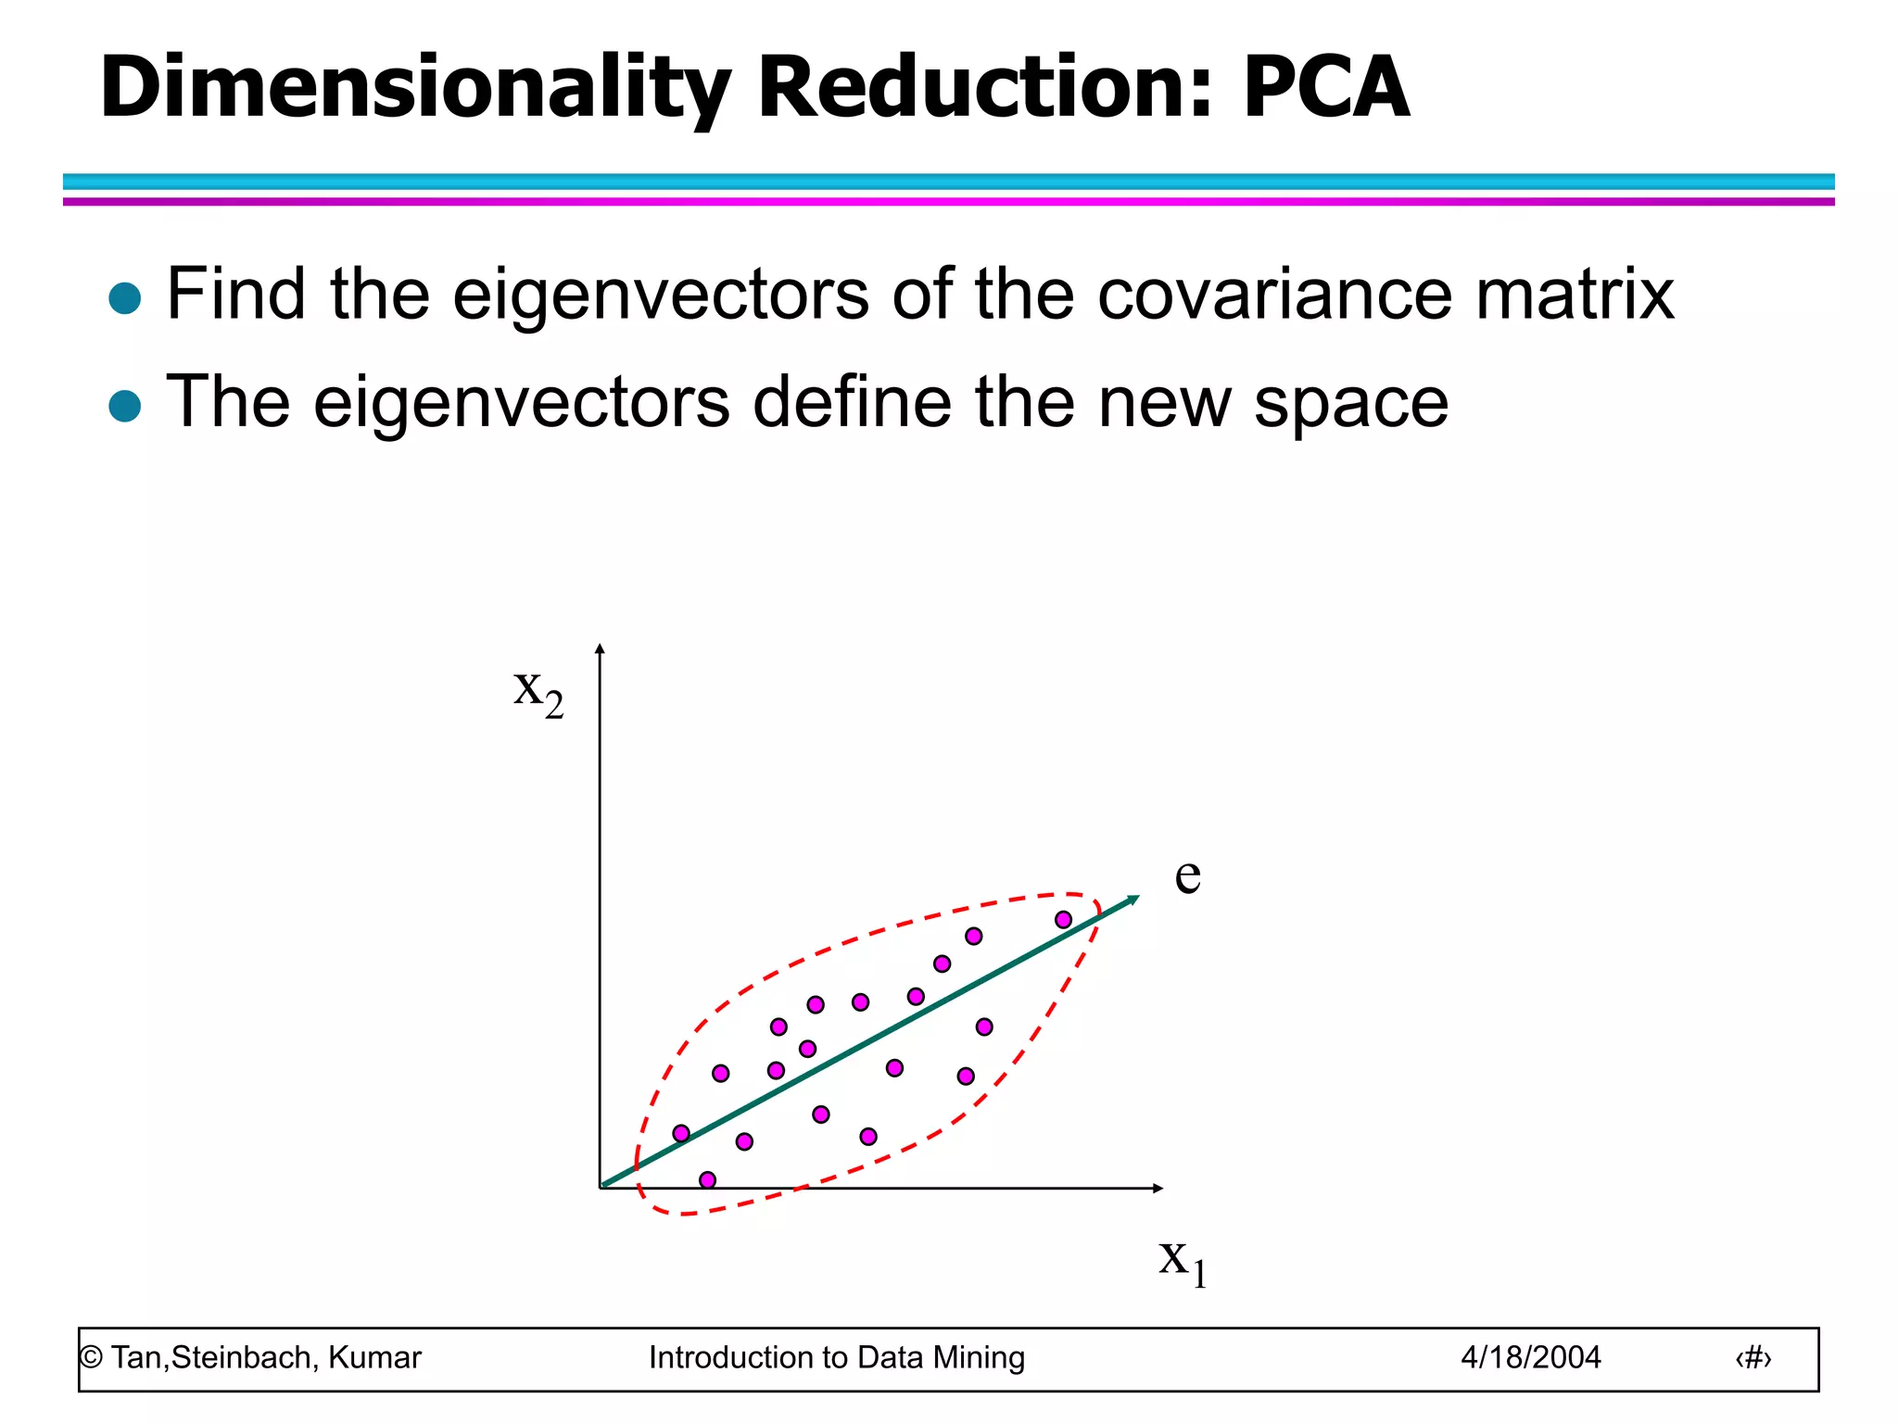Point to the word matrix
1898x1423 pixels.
coord(1575,294)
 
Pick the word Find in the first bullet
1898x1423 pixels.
coord(235,294)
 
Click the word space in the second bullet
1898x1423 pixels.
coord(1351,402)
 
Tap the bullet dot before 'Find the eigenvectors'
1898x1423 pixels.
coord(125,298)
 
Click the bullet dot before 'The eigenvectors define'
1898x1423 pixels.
coord(125,406)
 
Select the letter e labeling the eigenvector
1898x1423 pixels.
coord(1187,875)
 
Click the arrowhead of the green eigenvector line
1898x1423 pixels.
coord(1133,899)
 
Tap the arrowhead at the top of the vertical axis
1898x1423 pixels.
coord(600,648)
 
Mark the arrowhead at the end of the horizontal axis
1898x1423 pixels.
coord(1158,1188)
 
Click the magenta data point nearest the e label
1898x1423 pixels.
coord(1064,920)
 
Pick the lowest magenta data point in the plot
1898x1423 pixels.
coord(708,1179)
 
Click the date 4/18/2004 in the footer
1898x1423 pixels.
coord(1531,1358)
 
